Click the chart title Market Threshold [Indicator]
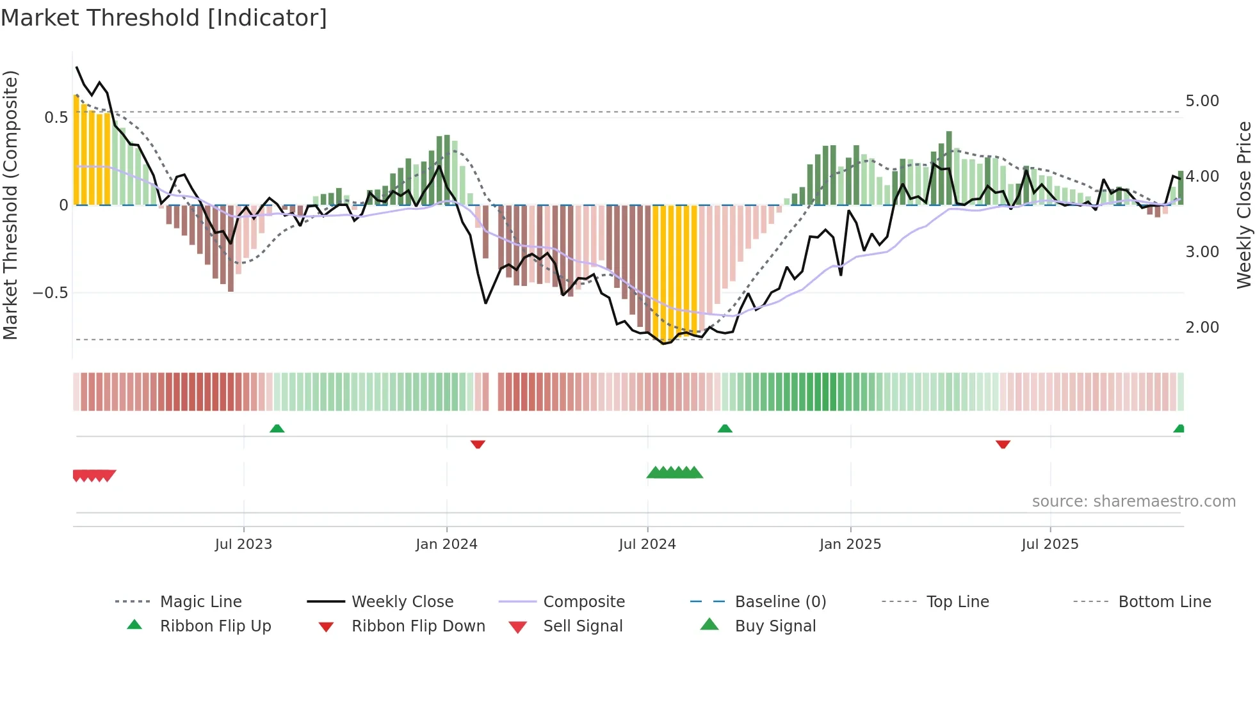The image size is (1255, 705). pyautogui.click(x=164, y=18)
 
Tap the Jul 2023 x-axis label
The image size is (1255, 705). pyautogui.click(x=243, y=544)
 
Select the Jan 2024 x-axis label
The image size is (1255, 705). pyautogui.click(x=446, y=544)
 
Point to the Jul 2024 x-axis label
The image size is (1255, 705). pyautogui.click(x=647, y=544)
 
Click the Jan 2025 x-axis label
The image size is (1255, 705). pyautogui.click(x=850, y=544)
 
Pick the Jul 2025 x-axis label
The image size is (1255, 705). pyautogui.click(x=1050, y=544)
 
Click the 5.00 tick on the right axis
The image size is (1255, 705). pyautogui.click(x=1202, y=101)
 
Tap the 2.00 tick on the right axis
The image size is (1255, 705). pyautogui.click(x=1202, y=328)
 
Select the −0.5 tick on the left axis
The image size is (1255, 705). pyautogui.click(x=50, y=293)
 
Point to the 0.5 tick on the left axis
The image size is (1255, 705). pyautogui.click(x=56, y=118)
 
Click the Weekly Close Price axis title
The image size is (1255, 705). pyautogui.click(x=1243, y=205)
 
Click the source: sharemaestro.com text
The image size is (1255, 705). pyautogui.click(x=1133, y=502)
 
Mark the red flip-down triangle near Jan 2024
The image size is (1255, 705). pyautogui.click(x=478, y=444)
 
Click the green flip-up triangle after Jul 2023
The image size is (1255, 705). pyautogui.click(x=277, y=429)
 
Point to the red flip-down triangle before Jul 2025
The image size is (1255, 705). pyautogui.click(x=1003, y=444)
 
